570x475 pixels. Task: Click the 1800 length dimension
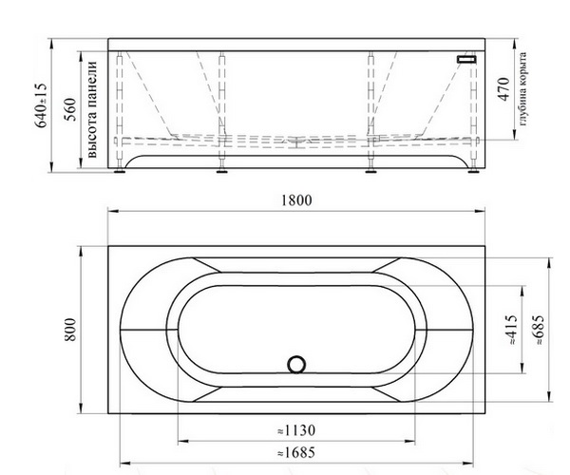pyautogui.click(x=296, y=200)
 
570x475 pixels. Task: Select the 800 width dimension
pyautogui.click(x=70, y=330)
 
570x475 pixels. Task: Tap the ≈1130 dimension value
pyautogui.click(x=296, y=430)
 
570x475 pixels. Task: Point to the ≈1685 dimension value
pyautogui.click(x=296, y=453)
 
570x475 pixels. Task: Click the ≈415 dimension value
pyautogui.click(x=511, y=330)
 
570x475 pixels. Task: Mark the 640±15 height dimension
pyautogui.click(x=41, y=105)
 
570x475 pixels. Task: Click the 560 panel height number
pyautogui.click(x=70, y=109)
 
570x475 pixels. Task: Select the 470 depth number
pyautogui.click(x=503, y=89)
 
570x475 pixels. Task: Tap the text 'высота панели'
pyautogui.click(x=92, y=109)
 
